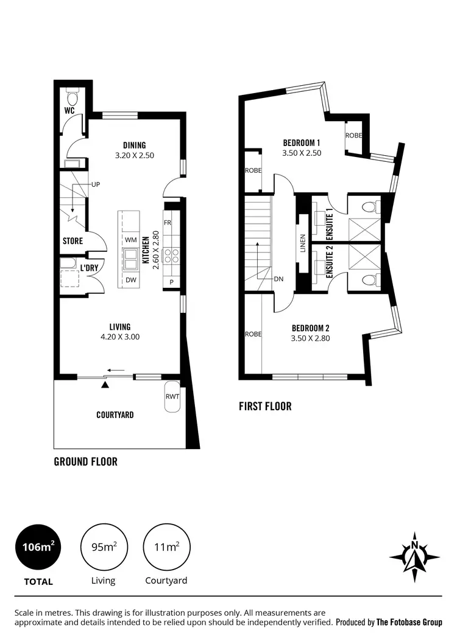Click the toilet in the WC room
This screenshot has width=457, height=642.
click(x=73, y=97)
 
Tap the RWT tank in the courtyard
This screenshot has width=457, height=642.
click(x=172, y=397)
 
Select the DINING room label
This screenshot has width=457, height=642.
click(x=134, y=145)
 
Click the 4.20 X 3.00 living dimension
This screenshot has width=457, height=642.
click(x=120, y=336)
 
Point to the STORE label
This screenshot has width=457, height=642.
click(x=73, y=241)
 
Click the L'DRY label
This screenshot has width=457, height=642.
click(x=90, y=267)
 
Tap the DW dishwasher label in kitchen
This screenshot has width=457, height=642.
click(x=130, y=280)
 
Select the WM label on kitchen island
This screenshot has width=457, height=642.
click(x=130, y=240)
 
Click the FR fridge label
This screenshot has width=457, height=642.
click(x=168, y=223)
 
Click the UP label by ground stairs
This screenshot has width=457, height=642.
click(x=96, y=184)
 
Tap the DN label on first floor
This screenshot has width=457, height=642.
click(x=279, y=279)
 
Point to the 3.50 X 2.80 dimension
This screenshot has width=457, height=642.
click(x=310, y=338)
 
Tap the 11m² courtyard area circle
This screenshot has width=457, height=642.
click(x=166, y=546)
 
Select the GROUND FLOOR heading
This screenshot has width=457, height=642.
click(x=85, y=461)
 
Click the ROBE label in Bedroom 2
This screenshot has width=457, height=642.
click(x=253, y=334)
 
